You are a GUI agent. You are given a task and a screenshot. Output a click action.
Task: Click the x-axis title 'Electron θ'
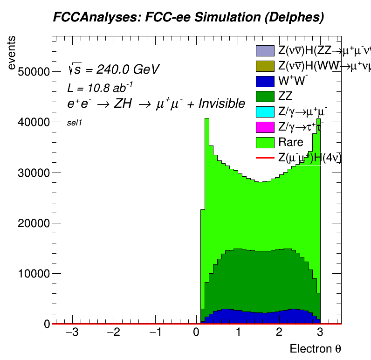point(318,349)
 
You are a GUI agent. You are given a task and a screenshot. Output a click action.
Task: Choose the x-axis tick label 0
point(196,333)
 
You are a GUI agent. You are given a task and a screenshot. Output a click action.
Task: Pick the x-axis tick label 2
point(279,333)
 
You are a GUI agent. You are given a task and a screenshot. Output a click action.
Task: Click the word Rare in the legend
point(290,142)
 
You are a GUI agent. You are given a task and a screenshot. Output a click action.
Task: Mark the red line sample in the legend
point(265,158)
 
